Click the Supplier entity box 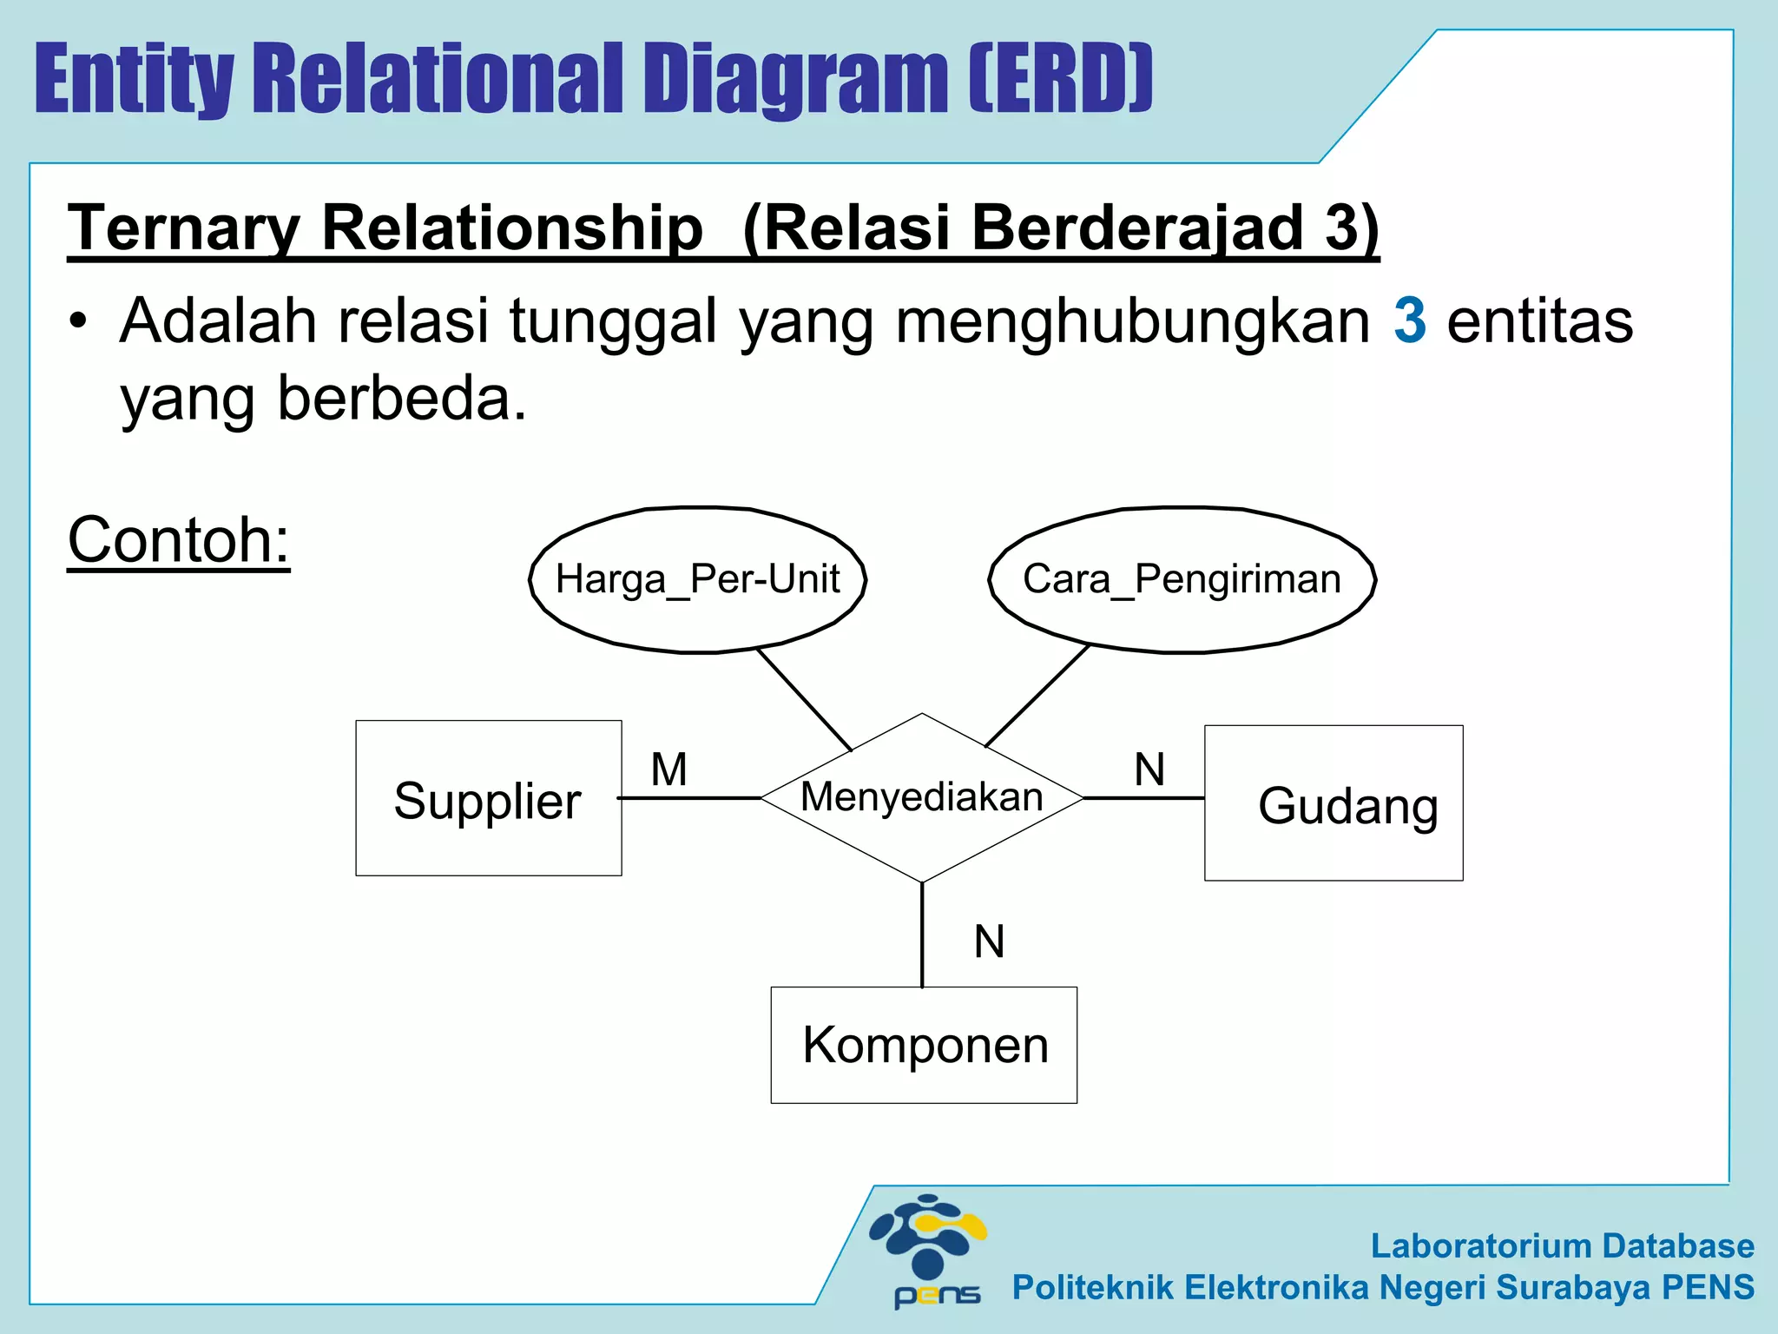click(488, 798)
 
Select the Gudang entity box click(1333, 803)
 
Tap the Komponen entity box click(924, 1045)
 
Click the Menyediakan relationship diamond click(922, 797)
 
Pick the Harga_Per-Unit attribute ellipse click(698, 579)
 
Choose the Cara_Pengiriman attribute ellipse click(1182, 579)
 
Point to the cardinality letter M click(669, 769)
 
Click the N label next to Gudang click(1149, 769)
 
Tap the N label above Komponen click(989, 941)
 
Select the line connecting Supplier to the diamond click(690, 797)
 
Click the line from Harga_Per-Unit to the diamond click(804, 699)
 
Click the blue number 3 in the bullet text click(1409, 320)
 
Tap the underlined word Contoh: click(179, 540)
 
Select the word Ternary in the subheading click(183, 228)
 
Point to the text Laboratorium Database click(1562, 1245)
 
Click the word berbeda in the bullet click(402, 399)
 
